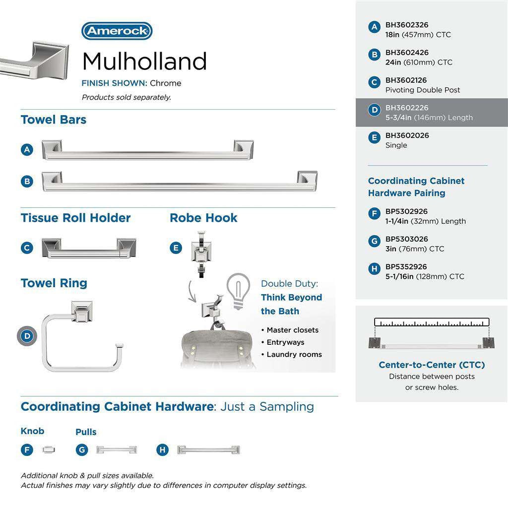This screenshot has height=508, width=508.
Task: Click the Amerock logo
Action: (x=117, y=31)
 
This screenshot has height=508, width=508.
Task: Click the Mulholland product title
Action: (x=144, y=62)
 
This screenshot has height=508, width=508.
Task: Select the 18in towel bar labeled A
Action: (x=147, y=150)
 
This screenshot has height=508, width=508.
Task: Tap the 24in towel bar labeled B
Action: (x=179, y=182)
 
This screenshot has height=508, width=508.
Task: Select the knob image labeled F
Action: (x=49, y=449)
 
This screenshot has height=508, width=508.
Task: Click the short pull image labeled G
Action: (x=116, y=449)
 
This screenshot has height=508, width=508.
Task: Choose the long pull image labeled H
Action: (x=208, y=450)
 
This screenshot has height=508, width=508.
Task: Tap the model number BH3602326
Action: (x=407, y=25)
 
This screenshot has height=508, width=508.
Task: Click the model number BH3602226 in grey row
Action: (x=407, y=108)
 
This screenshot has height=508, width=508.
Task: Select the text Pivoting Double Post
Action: (x=423, y=90)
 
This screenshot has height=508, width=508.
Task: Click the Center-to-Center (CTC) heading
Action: (x=432, y=365)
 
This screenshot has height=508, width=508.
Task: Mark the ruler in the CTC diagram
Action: (x=432, y=322)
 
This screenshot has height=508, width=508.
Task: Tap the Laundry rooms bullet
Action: (x=294, y=354)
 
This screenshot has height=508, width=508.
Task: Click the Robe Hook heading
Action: (x=203, y=218)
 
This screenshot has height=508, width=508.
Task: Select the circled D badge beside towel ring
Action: (x=27, y=336)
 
